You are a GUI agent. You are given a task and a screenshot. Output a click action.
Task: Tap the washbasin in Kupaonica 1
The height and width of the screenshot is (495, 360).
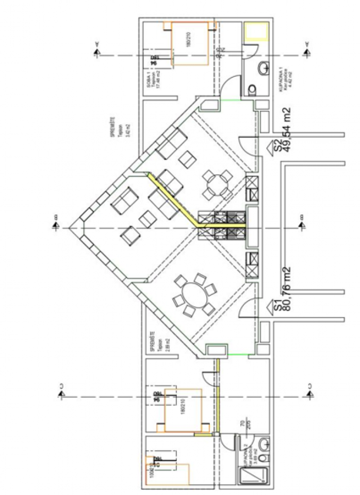coord(264,67)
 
